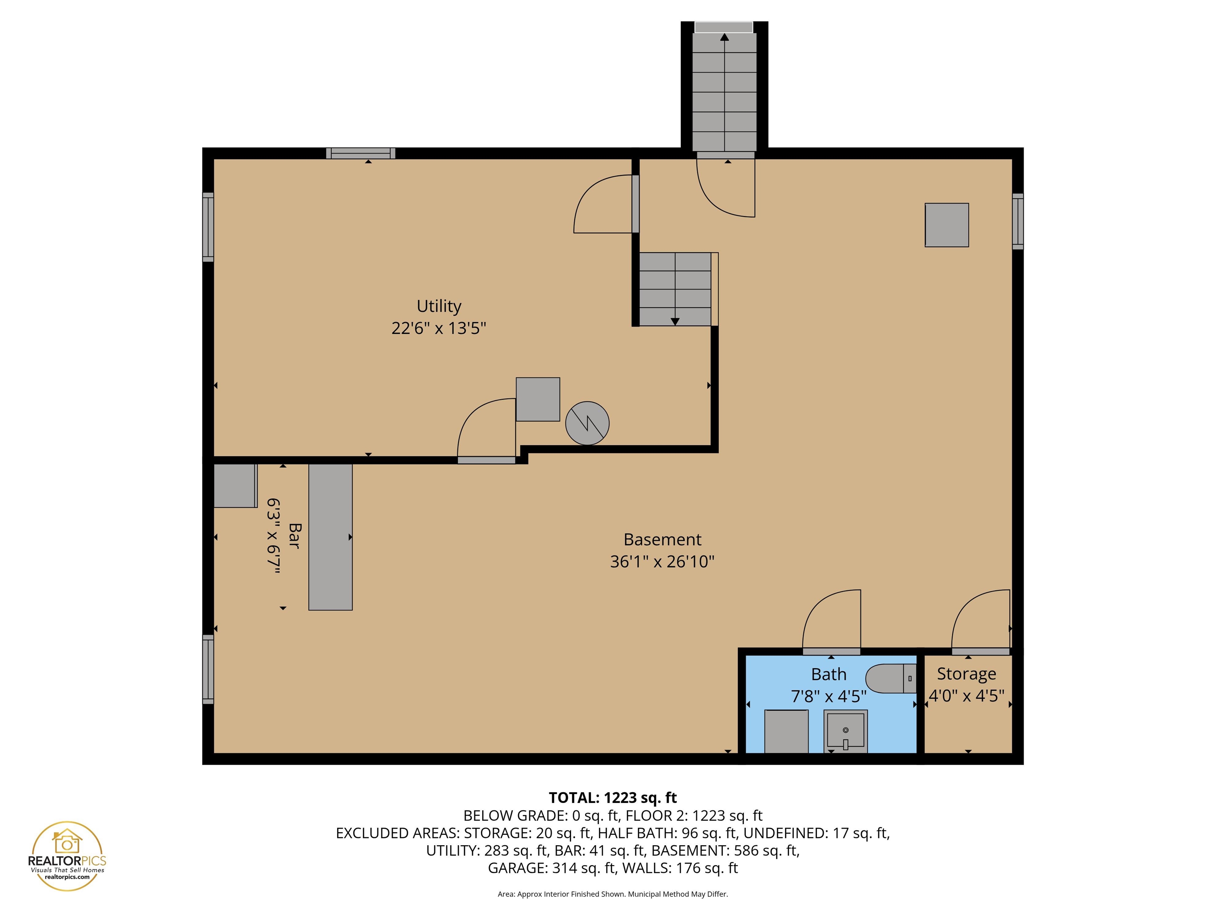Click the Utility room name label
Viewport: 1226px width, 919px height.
coord(439,306)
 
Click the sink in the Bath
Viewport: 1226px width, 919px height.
coord(845,731)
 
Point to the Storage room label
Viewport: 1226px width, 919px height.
coord(966,674)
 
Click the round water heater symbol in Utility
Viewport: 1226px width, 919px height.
coord(587,423)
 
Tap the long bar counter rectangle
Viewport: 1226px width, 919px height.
coord(330,537)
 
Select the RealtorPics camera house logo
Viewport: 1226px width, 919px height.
coord(67,842)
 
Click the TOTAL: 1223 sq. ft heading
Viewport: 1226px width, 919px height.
coord(613,798)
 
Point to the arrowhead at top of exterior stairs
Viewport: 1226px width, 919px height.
coord(724,37)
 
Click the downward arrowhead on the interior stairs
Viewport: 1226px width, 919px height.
coord(675,321)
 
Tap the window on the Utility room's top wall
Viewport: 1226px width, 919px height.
coord(360,154)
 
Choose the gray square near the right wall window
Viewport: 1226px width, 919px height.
coord(947,225)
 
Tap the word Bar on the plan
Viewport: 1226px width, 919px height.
coord(294,536)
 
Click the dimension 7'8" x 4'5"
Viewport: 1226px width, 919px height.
coord(829,696)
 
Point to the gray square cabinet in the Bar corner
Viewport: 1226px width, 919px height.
coord(235,485)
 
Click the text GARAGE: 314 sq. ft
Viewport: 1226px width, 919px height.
coord(552,868)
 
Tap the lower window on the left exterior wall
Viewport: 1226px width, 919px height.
coord(208,669)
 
